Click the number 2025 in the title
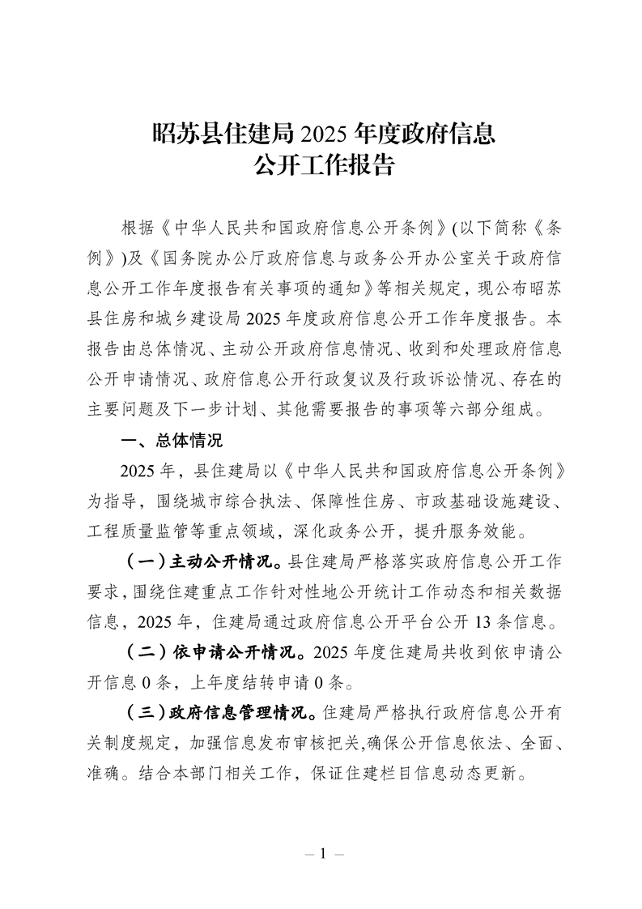tap(328, 133)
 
